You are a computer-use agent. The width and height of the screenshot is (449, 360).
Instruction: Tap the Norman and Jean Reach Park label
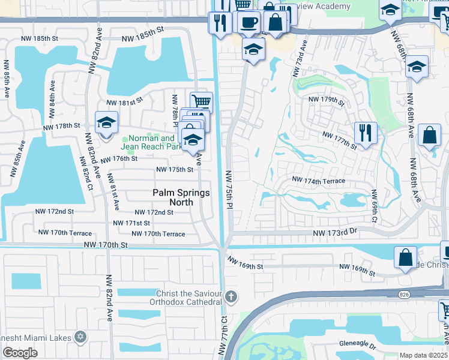tap(151, 142)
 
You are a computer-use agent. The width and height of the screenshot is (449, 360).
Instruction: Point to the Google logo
tap(20, 353)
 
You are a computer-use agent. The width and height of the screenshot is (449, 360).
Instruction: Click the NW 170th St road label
tap(106, 245)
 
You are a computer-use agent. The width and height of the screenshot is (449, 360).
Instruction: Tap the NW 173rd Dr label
tap(335, 232)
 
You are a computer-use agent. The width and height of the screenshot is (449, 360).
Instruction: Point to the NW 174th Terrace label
tap(318, 180)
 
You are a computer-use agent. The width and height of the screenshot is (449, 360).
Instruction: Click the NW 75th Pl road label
tap(229, 189)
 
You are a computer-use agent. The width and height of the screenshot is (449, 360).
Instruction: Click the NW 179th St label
tap(326, 100)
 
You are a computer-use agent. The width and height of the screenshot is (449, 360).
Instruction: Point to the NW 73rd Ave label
tap(299, 59)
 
